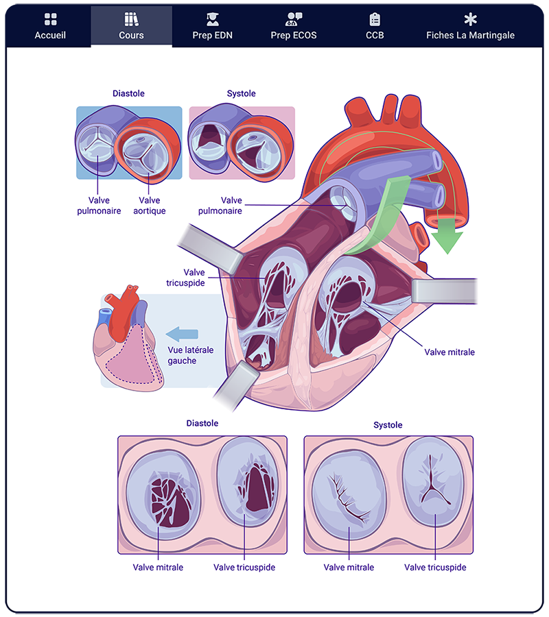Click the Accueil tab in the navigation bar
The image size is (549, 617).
tap(50, 27)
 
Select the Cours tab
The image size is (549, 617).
tap(131, 27)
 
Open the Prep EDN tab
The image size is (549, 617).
tap(212, 27)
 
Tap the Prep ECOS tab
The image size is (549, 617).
tap(294, 27)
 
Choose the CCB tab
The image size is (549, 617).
tap(375, 27)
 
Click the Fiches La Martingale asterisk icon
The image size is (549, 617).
tap(470, 19)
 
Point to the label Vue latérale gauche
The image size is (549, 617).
tap(190, 355)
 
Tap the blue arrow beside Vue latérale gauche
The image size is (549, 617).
tap(182, 334)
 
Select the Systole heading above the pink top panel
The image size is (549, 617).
tap(241, 93)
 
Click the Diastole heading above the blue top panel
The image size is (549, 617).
tap(128, 93)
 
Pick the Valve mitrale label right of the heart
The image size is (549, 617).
tap(449, 352)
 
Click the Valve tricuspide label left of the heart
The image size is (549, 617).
tap(185, 278)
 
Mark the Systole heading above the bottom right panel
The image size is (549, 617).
tap(388, 425)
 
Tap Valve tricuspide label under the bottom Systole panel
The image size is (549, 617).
tap(435, 568)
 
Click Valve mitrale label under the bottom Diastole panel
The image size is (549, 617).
tap(158, 568)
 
